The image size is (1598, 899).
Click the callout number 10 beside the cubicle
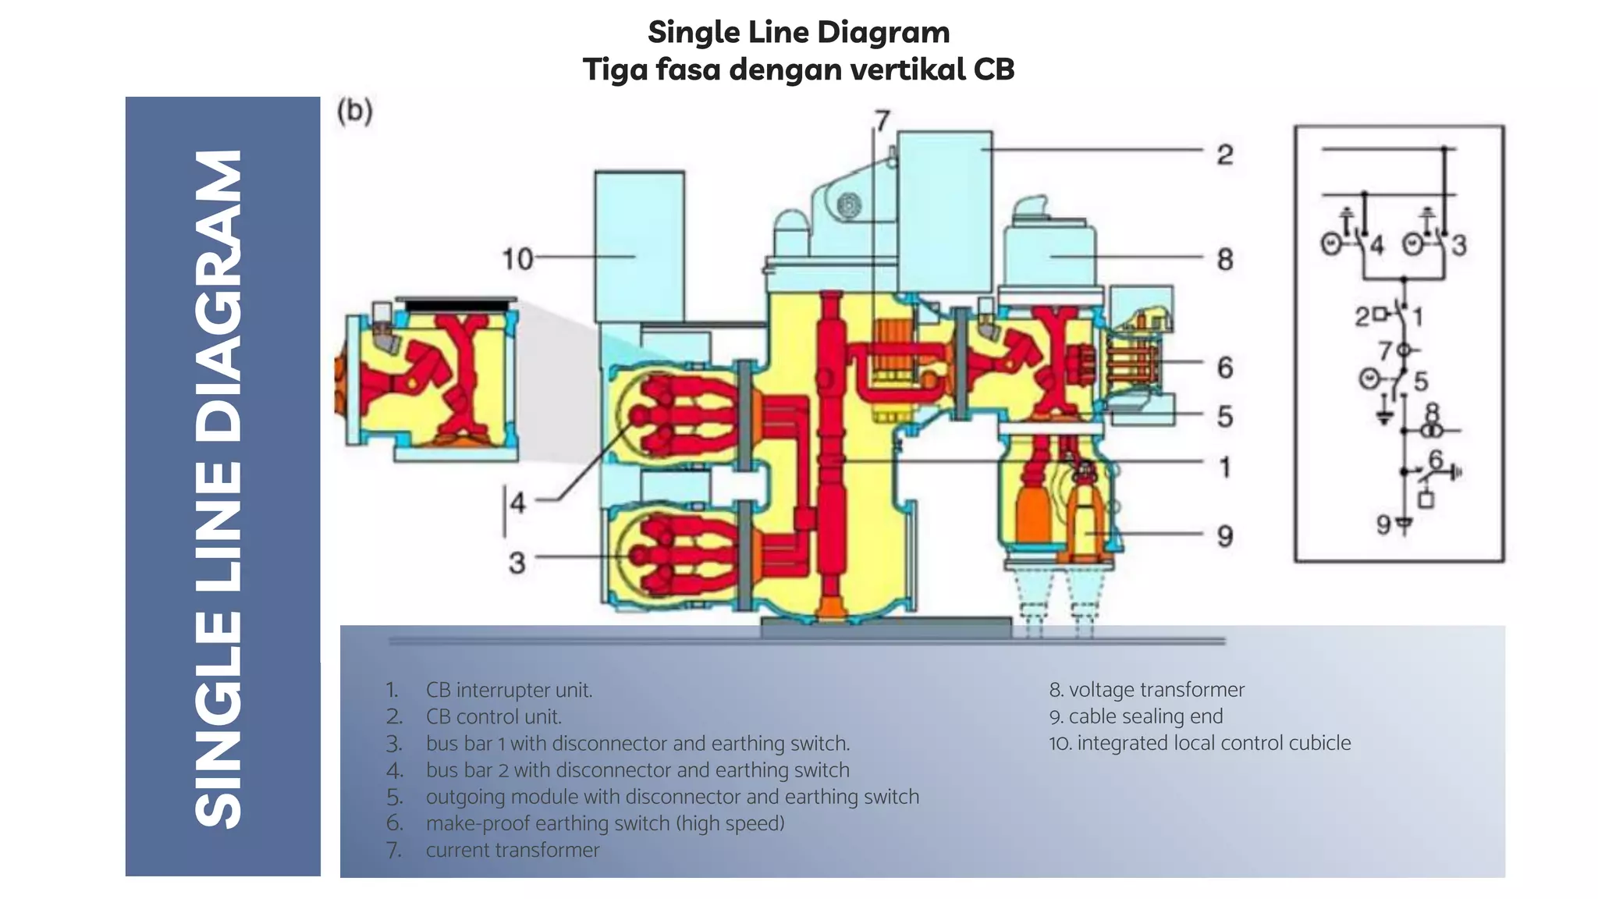(x=517, y=258)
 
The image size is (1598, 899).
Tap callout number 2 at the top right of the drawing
(x=1224, y=155)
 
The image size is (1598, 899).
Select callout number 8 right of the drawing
(x=1224, y=259)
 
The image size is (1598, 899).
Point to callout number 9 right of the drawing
(x=1224, y=536)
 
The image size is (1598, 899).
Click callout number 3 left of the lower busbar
(x=517, y=563)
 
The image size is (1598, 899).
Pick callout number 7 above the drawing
(x=882, y=121)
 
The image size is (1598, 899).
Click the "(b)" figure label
(x=355, y=111)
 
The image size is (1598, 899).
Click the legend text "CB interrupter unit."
(x=509, y=690)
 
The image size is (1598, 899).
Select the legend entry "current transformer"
(x=513, y=850)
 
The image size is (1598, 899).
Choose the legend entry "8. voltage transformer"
(x=1146, y=690)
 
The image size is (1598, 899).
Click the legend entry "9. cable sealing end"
(x=1135, y=716)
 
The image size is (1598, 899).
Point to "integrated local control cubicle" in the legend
(x=1213, y=743)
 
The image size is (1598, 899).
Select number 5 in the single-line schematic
(x=1421, y=381)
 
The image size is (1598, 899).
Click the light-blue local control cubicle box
(x=639, y=246)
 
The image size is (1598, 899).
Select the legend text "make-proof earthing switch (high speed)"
(x=605, y=823)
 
